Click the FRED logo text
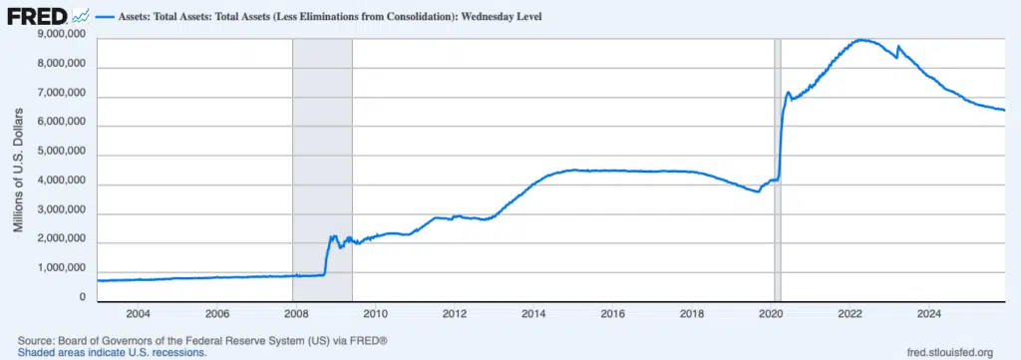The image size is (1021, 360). coord(38,16)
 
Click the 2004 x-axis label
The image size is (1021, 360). coord(138,313)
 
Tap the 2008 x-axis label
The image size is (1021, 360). coord(296,313)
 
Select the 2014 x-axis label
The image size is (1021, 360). coord(533,313)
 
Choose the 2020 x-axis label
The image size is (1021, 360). coord(771,313)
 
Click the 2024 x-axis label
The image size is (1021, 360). coord(927,313)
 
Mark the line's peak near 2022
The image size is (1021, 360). coord(862,40)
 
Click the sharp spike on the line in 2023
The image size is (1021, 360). coord(898,47)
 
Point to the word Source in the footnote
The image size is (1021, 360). coord(37,341)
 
